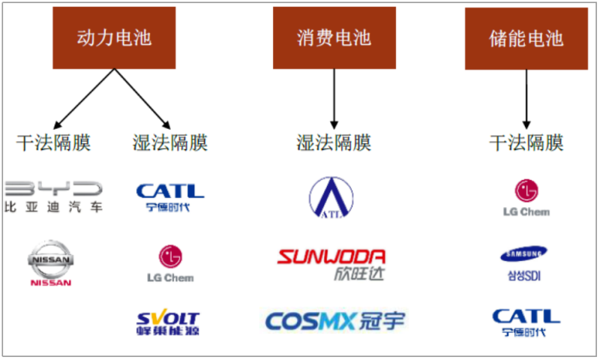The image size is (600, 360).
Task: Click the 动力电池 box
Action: pos(114,37)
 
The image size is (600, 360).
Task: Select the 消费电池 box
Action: pos(334,37)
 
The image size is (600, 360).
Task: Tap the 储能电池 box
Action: pos(526,38)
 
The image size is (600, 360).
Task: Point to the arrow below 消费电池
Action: pos(334,97)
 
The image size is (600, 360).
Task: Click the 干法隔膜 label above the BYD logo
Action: pos(54,142)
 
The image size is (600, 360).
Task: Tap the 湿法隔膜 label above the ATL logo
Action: pos(334,142)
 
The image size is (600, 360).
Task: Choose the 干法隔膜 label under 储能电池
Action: pos(526,142)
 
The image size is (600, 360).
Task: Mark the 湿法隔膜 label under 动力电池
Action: pos(169,142)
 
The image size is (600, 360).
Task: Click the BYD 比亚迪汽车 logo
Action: pos(53,196)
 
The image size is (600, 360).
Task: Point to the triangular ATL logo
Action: pos(331,196)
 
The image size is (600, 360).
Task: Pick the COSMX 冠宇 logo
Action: pos(334,321)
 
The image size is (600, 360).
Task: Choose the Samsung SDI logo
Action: pos(523,263)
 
